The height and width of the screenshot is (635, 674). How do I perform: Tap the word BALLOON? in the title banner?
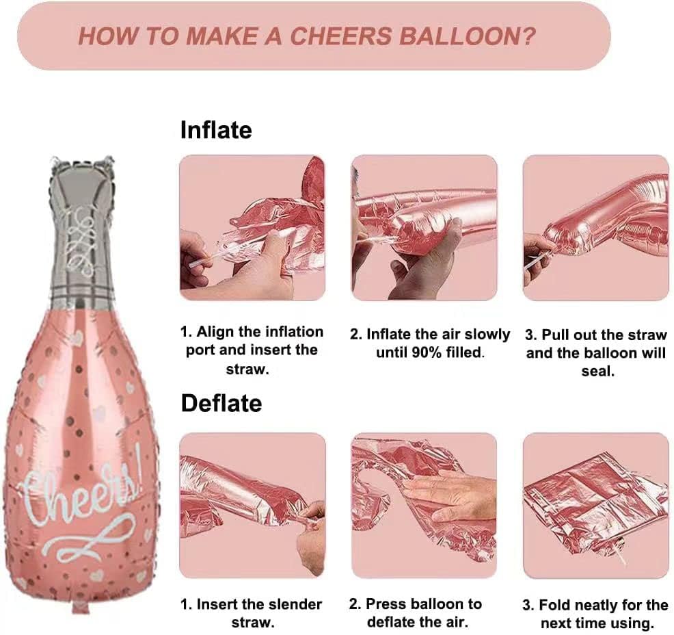468,36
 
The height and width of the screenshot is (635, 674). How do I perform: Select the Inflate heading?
216,129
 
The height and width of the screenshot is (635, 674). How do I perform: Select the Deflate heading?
221,403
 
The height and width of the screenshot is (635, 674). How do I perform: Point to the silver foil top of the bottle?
81,233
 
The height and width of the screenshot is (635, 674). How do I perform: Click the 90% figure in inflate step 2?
427,353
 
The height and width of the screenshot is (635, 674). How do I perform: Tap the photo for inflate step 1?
252,228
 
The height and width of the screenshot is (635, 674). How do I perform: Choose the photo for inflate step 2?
424,228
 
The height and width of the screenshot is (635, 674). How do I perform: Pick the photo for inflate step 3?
596,228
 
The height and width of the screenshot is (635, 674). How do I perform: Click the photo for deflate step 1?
252,506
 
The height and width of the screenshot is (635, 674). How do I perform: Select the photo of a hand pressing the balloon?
424,506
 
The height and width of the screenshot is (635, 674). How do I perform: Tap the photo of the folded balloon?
596,506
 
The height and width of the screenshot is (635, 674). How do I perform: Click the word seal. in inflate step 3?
598,372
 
